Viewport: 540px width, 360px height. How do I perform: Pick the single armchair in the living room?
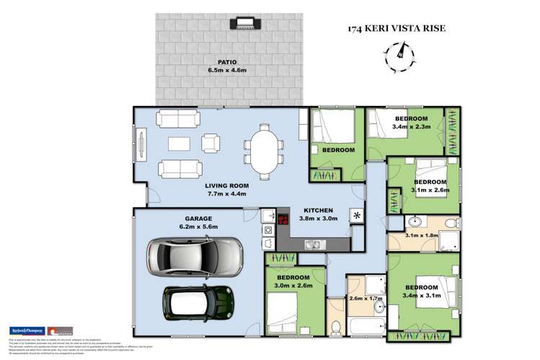click(210, 143)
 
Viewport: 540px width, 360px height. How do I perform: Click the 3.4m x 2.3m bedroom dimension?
click(411, 127)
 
